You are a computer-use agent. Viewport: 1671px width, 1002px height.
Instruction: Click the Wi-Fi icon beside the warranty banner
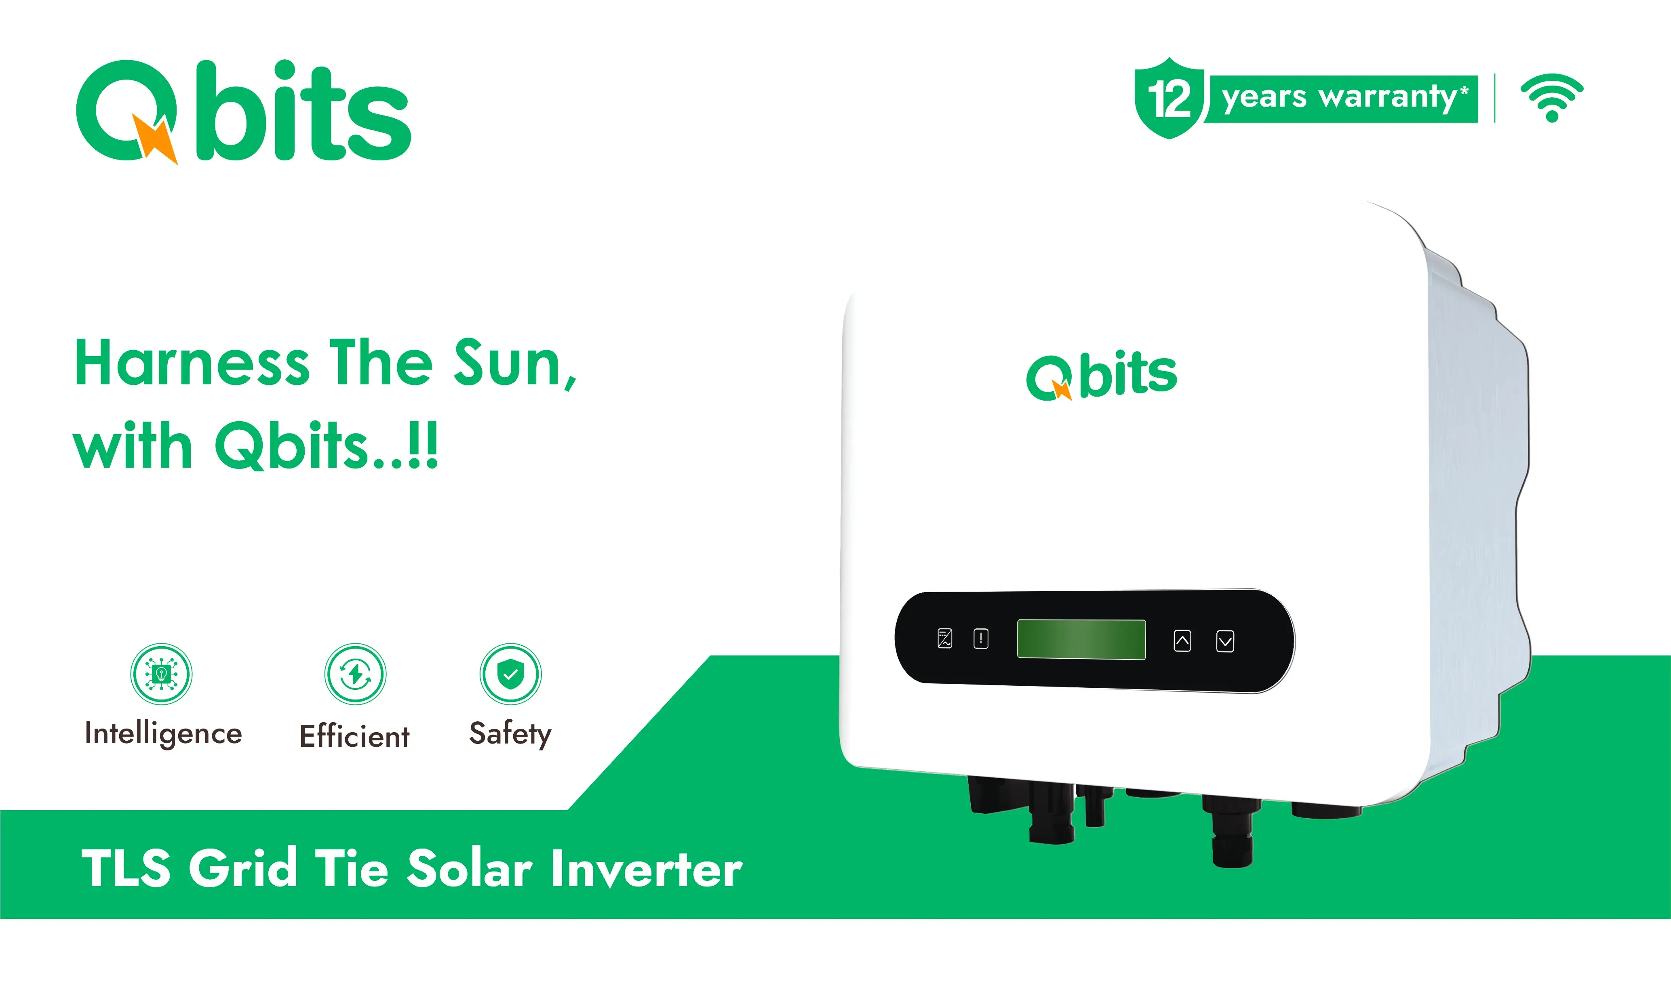1551,98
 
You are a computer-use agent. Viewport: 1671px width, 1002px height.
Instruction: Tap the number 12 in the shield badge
1169,99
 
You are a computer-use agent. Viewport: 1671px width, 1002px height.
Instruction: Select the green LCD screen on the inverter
1081,639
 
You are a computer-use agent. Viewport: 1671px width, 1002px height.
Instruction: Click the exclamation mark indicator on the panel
981,638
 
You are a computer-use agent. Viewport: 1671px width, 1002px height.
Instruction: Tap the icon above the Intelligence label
161,674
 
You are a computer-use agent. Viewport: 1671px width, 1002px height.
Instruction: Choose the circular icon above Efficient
355,674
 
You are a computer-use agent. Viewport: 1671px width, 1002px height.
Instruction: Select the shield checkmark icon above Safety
511,674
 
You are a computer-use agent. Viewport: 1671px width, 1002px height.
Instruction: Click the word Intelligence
163,734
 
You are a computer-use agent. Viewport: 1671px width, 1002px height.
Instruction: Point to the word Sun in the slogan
515,365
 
